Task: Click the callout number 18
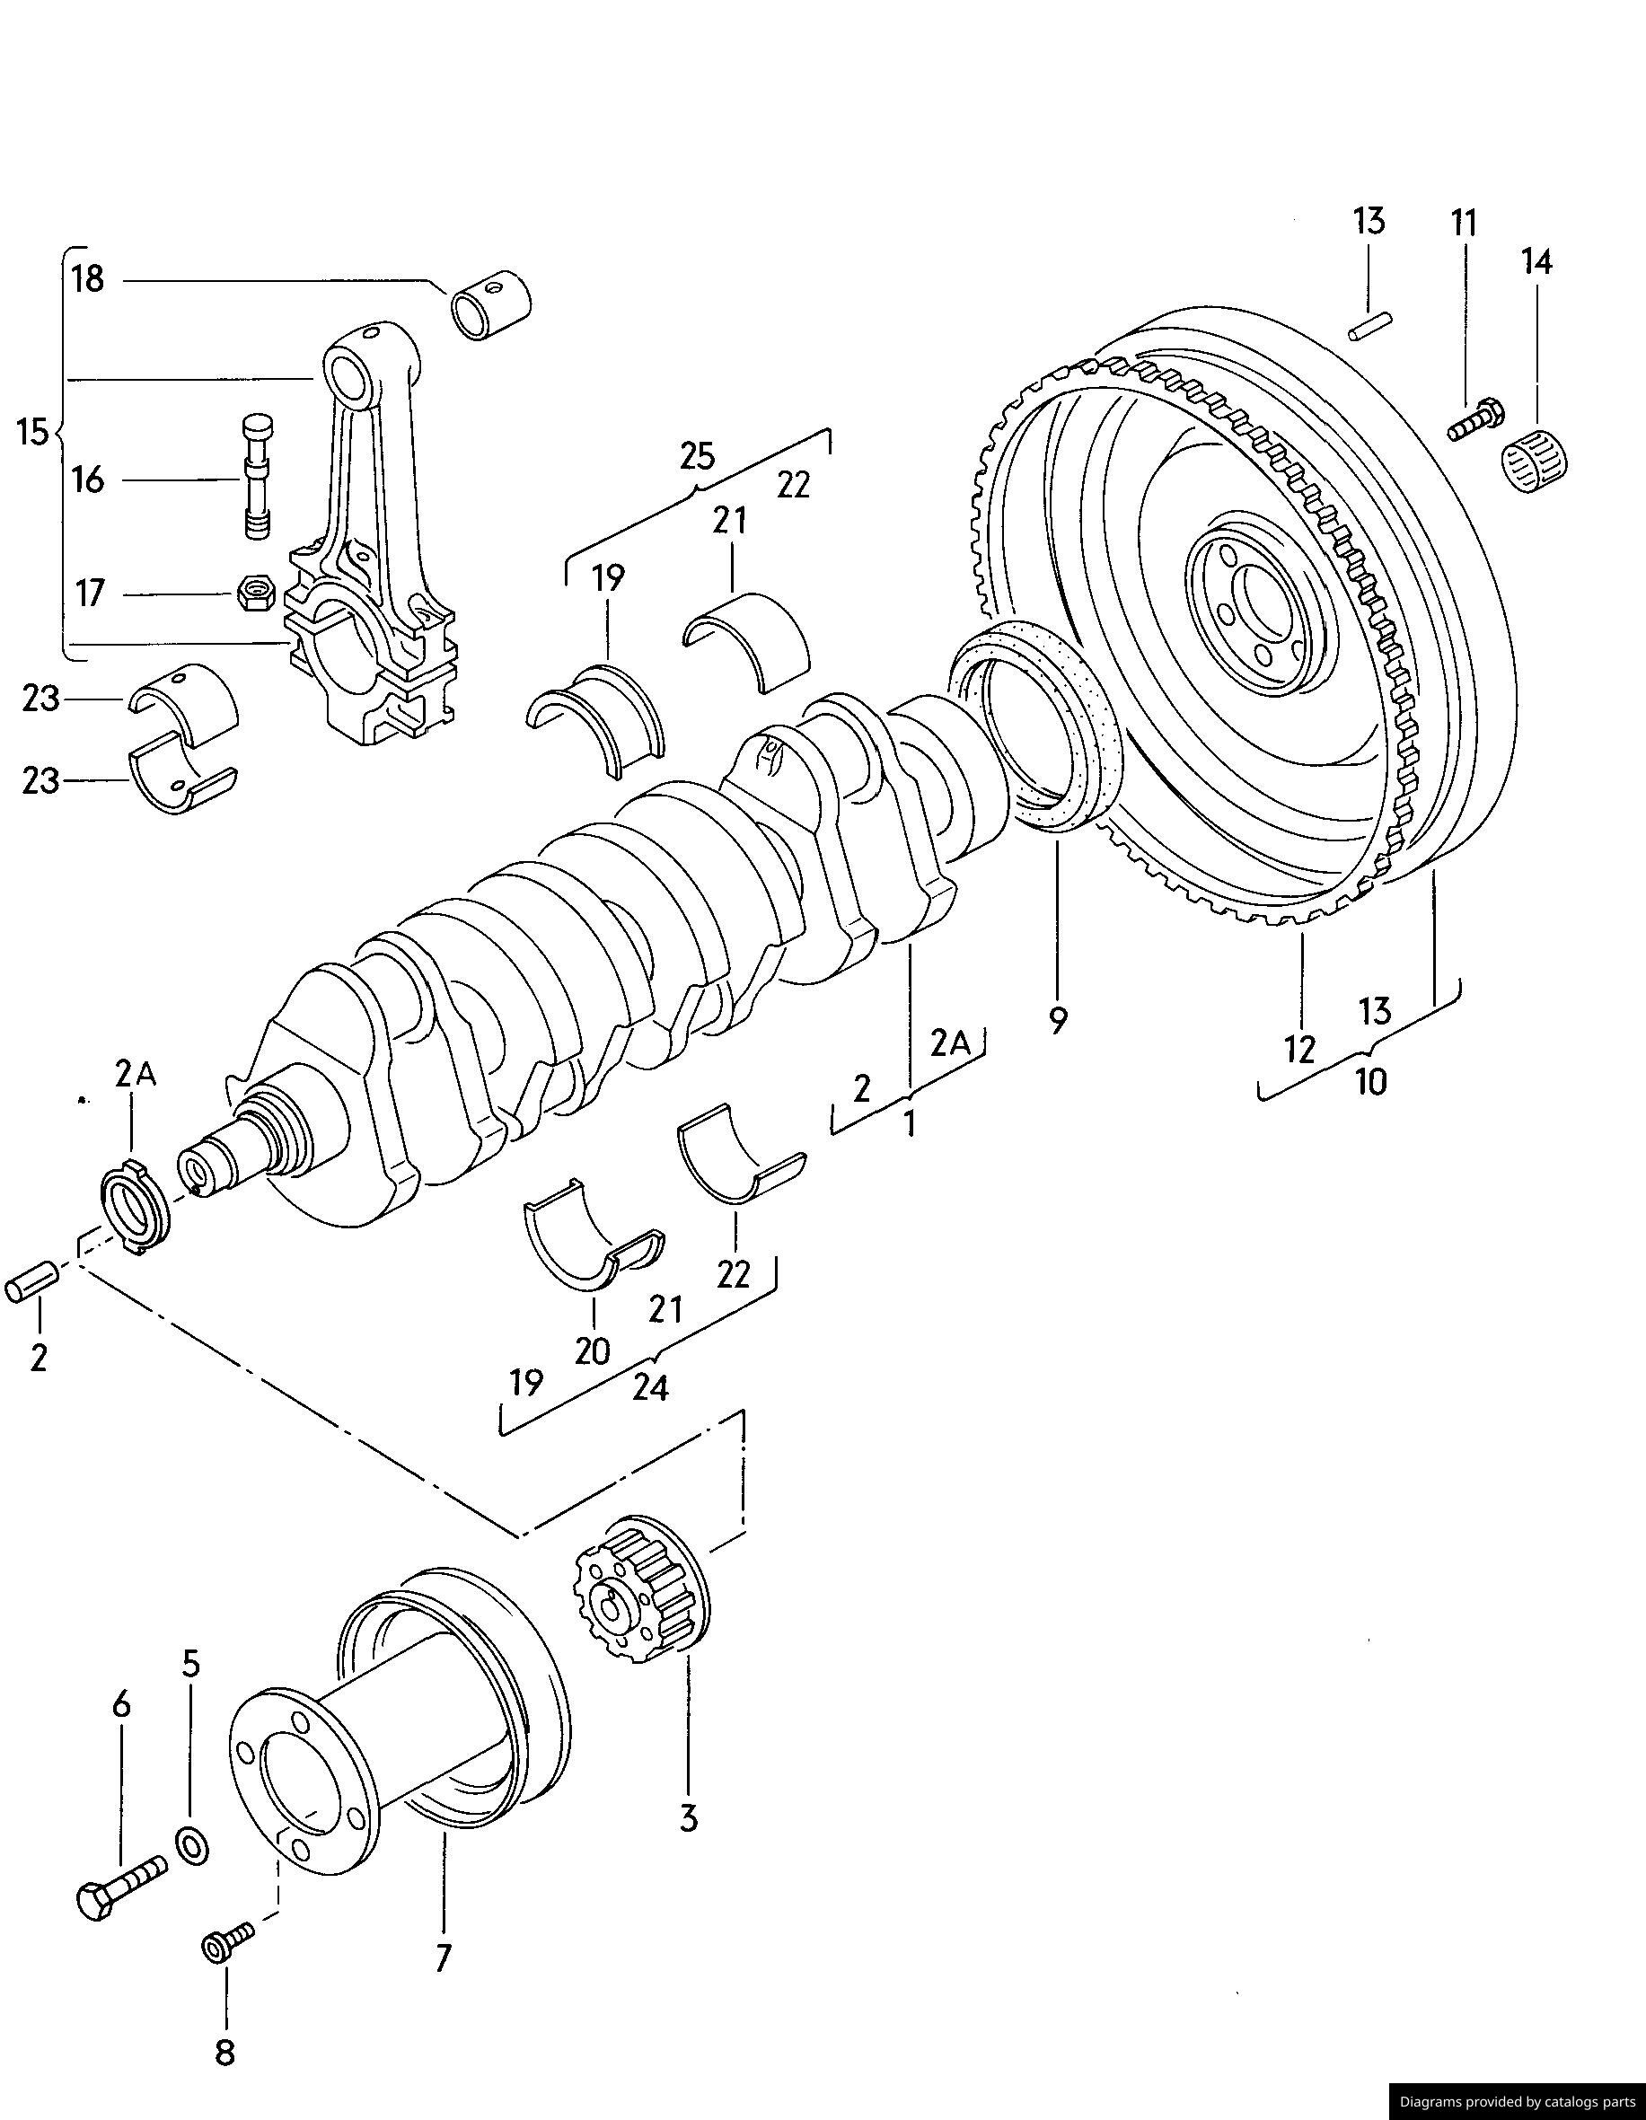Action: coord(87,279)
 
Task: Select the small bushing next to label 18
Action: coord(491,303)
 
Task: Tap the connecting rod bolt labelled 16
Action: coord(257,476)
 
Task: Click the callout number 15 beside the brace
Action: coord(32,431)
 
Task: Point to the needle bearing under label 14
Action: coord(1536,463)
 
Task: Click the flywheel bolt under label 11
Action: coord(1474,421)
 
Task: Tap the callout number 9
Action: coord(1058,1019)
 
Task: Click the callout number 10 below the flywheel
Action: coord(1370,1081)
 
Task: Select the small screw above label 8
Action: coord(226,1941)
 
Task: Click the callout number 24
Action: coord(650,1388)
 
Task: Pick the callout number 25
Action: coord(697,454)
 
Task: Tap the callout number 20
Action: coord(592,1351)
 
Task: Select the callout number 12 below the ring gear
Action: coord(1299,1049)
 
